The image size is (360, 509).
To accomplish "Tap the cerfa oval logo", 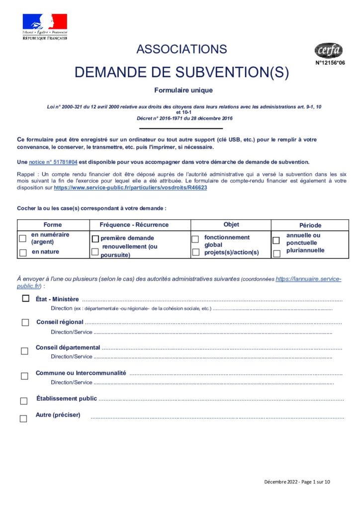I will [x=328, y=50].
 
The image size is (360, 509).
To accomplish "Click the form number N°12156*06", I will [x=330, y=63].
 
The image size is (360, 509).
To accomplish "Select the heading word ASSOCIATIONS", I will [x=181, y=49].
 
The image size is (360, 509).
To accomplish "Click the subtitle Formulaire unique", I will [x=183, y=90].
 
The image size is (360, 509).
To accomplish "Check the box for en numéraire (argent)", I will [x=22, y=239].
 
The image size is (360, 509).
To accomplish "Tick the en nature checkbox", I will [x=22, y=253].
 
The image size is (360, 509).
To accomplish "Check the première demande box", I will [x=95, y=239].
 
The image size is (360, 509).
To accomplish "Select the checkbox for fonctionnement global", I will [x=195, y=239].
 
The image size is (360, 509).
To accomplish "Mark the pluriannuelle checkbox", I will [x=276, y=254].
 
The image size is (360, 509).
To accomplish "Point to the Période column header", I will [x=310, y=225].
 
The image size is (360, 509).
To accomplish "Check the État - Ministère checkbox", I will [x=25, y=299].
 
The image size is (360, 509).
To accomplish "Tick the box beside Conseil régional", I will [x=25, y=323].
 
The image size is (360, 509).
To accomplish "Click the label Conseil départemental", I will [x=68, y=347].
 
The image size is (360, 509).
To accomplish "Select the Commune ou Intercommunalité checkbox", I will [x=24, y=376].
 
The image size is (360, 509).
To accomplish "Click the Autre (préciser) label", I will [x=58, y=415].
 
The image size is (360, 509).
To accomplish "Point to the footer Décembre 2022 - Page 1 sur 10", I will [x=296, y=482].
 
